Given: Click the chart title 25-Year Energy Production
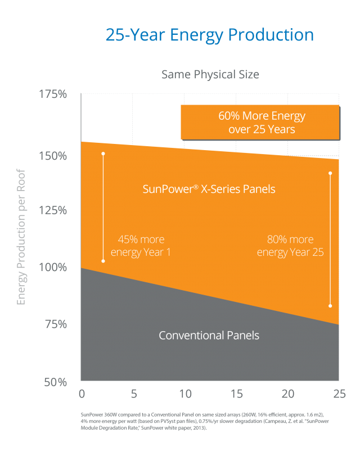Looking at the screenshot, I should [210, 35].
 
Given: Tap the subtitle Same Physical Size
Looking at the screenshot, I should [210, 74].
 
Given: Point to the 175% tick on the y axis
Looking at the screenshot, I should [52, 94].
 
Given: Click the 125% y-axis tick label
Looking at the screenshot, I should [52, 210].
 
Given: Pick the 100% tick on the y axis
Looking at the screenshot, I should [52, 267].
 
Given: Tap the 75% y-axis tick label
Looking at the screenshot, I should [55, 324].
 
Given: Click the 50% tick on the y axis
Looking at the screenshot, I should [55, 382].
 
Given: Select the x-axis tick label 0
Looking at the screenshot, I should [82, 392].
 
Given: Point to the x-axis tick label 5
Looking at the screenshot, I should [133, 392].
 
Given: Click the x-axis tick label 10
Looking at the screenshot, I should [184, 392].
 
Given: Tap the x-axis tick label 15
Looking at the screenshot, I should [236, 392].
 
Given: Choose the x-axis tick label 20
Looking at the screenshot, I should [287, 392].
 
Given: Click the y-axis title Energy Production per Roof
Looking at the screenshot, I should [21, 239].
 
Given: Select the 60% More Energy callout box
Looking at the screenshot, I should [260, 122].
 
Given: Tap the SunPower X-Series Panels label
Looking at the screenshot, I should [209, 189].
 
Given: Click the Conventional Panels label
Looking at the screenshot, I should [209, 336].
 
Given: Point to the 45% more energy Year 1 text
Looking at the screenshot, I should [141, 245].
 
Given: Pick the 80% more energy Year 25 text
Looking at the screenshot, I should [290, 245].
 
